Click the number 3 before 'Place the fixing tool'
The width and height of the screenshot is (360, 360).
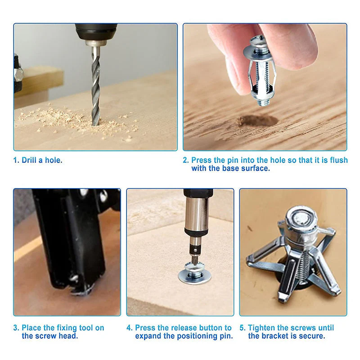(x=16, y=328)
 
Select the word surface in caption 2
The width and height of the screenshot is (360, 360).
(x=256, y=168)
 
